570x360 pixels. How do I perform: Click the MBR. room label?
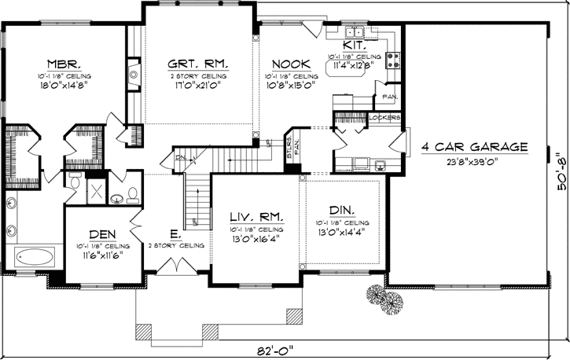(62, 64)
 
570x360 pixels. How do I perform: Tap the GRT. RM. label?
(197, 64)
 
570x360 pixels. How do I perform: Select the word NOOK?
(290, 64)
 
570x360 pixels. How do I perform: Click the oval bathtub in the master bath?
(35, 255)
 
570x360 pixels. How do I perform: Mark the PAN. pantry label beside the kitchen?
(388, 97)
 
